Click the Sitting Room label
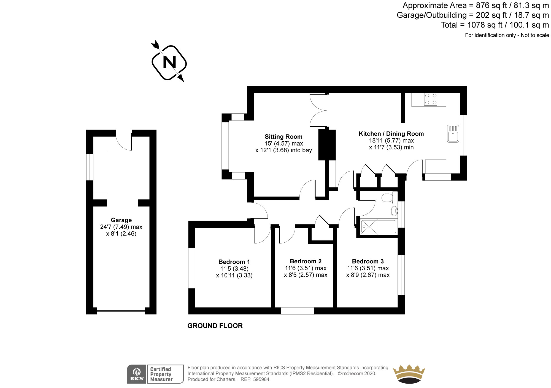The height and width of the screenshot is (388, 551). point(283,137)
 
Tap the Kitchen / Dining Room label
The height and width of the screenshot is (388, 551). point(391,134)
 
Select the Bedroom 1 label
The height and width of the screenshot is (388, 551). point(234,262)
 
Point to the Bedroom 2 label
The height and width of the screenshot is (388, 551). point(306,261)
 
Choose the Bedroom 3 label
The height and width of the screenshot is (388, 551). point(368,261)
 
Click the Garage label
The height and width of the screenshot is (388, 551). point(121,220)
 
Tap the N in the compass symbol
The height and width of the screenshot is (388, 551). point(169,63)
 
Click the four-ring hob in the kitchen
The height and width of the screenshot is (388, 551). point(431,99)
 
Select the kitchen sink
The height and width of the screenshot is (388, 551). point(453,134)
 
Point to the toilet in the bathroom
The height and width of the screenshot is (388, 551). point(388,197)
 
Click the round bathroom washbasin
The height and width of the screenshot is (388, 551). point(394,211)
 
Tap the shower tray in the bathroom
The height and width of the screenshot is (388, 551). point(369,227)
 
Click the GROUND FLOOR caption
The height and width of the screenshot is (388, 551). point(215,326)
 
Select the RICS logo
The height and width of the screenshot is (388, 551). point(137,374)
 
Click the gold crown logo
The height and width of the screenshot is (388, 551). point(409,374)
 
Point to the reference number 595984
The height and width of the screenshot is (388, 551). point(261,379)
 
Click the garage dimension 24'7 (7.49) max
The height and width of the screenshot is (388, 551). point(121,227)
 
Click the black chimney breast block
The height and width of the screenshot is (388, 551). point(327,145)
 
